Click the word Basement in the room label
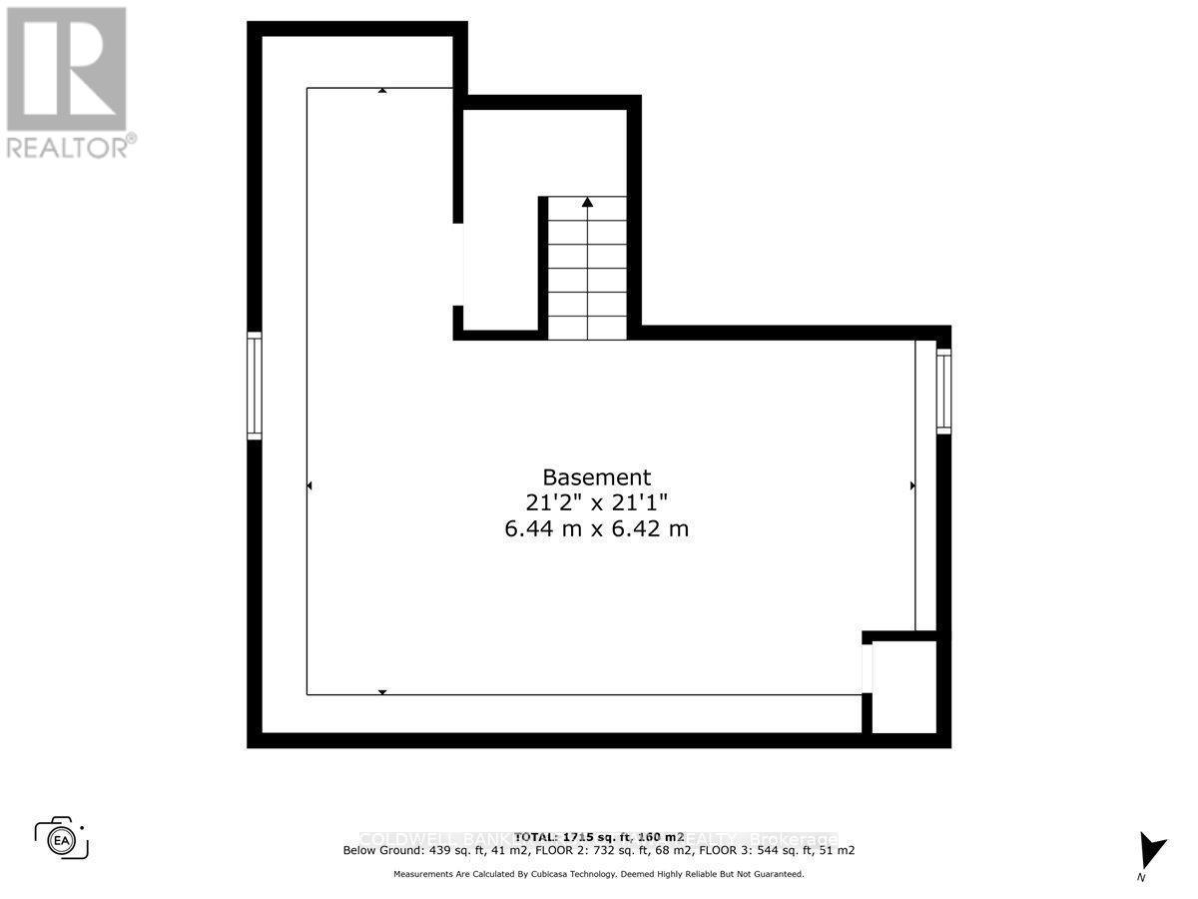597,477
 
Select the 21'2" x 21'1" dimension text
597,502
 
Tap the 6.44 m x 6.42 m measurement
597,528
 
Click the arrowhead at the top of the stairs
587,202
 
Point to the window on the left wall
255,386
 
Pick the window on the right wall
943,391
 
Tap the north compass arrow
1152,851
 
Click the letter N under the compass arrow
1141,877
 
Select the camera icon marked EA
62,839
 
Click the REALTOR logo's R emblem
66,69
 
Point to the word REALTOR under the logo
68,147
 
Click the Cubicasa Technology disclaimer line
599,874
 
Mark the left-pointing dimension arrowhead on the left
309,485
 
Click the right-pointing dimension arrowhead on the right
912,485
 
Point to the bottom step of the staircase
587,328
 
